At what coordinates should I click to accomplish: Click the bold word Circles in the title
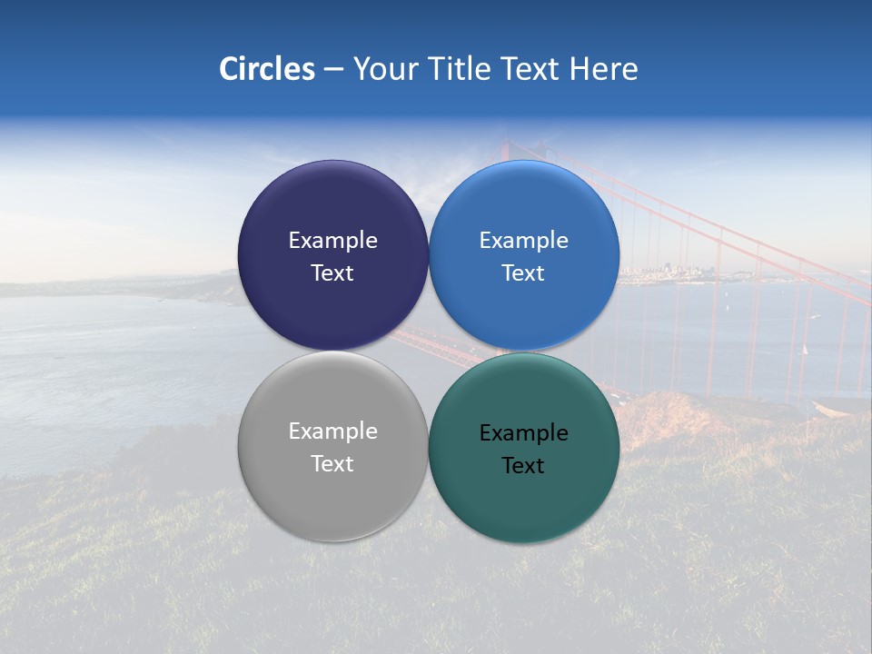(x=267, y=69)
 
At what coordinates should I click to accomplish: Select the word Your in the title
(x=383, y=69)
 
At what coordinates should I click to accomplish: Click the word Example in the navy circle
(x=332, y=241)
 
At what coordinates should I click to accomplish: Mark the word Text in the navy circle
(x=332, y=273)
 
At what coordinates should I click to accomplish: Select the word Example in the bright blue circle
(x=523, y=241)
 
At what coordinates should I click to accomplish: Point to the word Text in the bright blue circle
(x=523, y=273)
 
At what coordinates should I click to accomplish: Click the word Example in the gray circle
(x=332, y=431)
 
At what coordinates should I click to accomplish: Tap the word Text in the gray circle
(x=332, y=464)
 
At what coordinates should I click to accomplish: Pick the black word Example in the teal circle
(x=523, y=433)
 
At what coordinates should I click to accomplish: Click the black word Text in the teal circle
(x=523, y=466)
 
